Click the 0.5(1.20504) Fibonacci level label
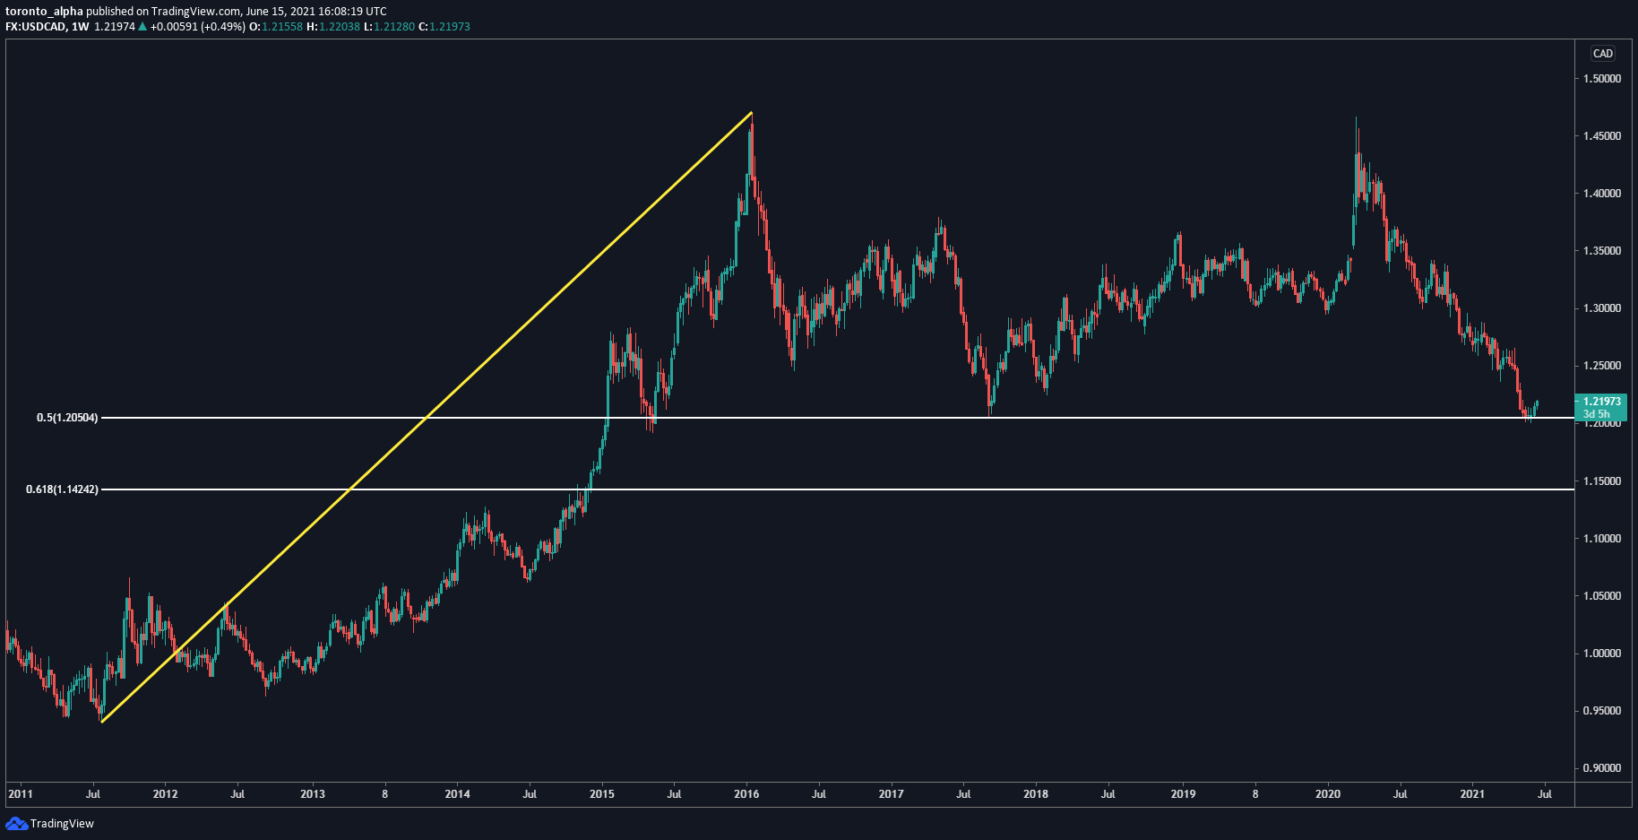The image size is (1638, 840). (67, 418)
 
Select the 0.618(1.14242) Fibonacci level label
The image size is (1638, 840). (62, 489)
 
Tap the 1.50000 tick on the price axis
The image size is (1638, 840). (1602, 79)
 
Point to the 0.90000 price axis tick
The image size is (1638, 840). (1602, 768)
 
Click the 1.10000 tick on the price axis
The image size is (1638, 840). (1602, 539)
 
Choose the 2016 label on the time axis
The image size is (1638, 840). (746, 794)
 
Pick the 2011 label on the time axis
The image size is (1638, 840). (20, 794)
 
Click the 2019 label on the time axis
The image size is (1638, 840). (1183, 794)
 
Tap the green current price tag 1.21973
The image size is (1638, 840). (1601, 407)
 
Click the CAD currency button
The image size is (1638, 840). (1603, 54)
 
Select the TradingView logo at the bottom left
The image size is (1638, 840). (50, 824)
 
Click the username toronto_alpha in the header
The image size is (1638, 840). (44, 12)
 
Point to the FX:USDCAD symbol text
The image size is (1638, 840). (36, 27)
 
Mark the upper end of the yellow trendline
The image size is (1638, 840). (751, 113)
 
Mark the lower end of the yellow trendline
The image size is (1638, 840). (102, 722)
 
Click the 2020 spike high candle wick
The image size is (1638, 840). (1356, 120)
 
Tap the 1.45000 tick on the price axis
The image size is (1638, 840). (1602, 136)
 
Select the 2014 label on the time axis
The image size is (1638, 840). (457, 794)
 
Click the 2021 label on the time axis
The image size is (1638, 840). (1472, 794)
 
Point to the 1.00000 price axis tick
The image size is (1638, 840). (1602, 654)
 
